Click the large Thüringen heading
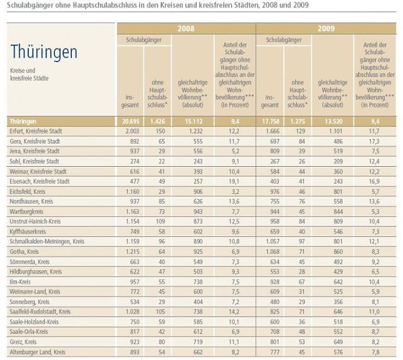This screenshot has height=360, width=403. point(43,52)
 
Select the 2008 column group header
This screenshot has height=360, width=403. point(186,28)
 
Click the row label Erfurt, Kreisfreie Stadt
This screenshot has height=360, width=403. point(36,131)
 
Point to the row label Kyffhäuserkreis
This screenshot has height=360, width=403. point(28,231)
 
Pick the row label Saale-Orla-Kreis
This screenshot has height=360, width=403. point(29,332)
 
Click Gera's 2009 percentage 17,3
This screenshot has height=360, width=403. point(376,141)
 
